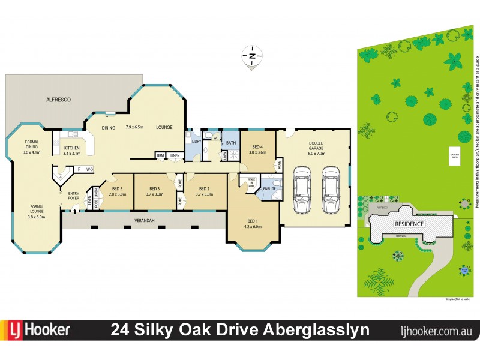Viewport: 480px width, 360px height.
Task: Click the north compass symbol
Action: tap(252, 57)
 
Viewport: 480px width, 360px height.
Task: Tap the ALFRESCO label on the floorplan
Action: tap(59, 100)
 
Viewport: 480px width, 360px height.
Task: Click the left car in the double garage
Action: tap(302, 190)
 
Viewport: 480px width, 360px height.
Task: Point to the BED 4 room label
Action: tap(257, 149)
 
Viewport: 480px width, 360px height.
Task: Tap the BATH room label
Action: tap(231, 142)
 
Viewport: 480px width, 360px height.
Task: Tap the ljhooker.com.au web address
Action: tap(436, 331)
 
